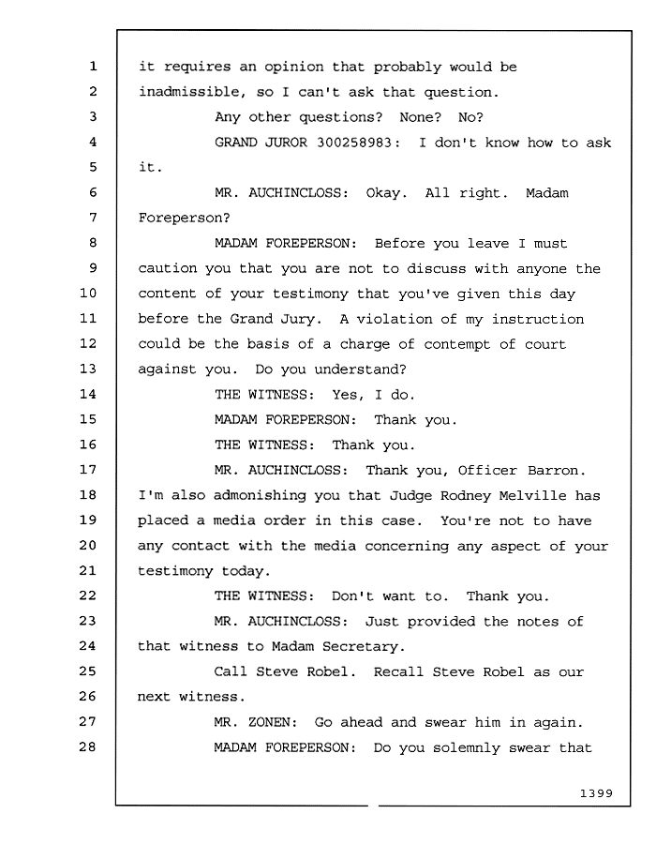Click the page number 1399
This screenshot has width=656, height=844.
click(596, 793)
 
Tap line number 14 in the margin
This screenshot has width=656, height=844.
click(88, 394)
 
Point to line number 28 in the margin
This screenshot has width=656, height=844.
click(88, 746)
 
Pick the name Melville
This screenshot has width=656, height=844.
click(532, 495)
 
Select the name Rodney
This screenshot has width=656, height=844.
click(466, 496)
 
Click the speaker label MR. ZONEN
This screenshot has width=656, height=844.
click(256, 722)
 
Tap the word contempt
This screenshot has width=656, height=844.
click(456, 345)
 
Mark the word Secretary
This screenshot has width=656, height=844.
click(364, 647)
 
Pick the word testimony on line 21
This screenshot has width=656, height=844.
click(175, 572)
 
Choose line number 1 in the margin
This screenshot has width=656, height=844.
click(93, 67)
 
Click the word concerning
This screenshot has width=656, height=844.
click(407, 547)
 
